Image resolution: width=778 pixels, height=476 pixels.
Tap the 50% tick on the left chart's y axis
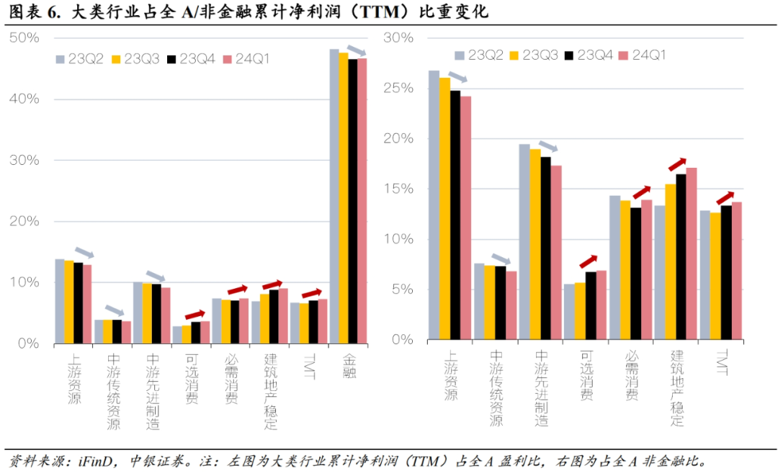point(25,37)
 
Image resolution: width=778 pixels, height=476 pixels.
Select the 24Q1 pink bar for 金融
point(362,201)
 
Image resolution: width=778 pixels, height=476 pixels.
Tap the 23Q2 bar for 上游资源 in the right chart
point(434,205)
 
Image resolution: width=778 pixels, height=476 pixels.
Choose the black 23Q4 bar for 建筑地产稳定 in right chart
point(681,256)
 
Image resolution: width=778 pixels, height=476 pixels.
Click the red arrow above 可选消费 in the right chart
point(588,261)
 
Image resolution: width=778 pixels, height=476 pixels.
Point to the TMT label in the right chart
point(723,364)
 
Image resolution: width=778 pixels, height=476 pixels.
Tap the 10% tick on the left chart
point(25,282)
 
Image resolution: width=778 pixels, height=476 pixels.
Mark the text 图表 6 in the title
point(30,12)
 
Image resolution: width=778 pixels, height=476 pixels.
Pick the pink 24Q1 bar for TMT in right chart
point(736,271)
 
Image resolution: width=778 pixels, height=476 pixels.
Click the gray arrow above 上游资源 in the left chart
point(85,253)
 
